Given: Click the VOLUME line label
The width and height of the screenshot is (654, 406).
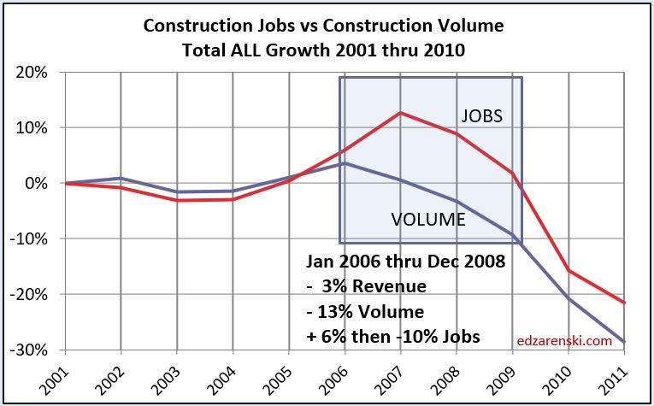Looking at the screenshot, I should click(x=428, y=219).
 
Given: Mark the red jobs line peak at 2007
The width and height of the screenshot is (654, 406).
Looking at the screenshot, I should click(x=401, y=113).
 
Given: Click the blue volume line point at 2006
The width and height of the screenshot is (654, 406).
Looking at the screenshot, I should click(x=345, y=162).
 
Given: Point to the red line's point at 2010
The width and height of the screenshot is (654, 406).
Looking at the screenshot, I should click(x=570, y=270).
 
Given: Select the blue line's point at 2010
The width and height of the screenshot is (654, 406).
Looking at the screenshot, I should click(x=570, y=299).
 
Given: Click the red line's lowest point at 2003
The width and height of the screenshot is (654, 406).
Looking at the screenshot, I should click(x=176, y=200).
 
